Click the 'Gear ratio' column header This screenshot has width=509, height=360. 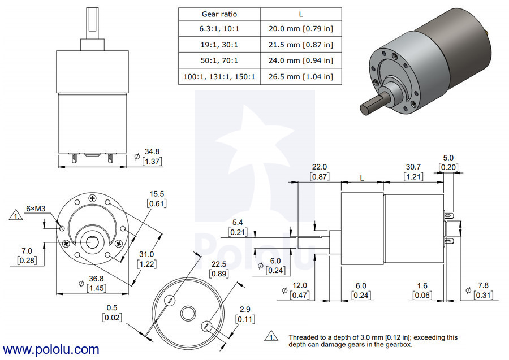point(219,14)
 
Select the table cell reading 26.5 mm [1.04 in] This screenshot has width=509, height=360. point(300,76)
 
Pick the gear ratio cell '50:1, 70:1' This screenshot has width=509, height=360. point(219,60)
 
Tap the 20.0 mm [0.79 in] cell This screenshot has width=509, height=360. point(300,29)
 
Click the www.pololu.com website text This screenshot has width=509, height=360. point(51,350)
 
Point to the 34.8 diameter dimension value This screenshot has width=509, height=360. point(151,152)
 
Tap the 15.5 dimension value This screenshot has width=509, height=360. point(156,194)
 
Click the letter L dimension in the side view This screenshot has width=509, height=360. point(362,177)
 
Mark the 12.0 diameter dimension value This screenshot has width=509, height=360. point(300,286)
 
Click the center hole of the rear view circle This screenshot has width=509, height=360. point(187,313)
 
